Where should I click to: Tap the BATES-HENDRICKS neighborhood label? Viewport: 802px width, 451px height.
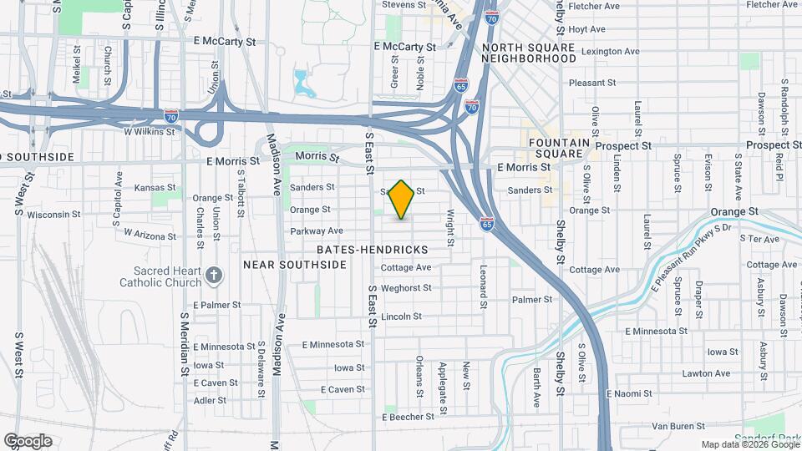373,250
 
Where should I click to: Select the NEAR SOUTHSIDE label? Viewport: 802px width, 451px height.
294,265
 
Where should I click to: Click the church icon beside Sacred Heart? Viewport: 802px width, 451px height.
215,275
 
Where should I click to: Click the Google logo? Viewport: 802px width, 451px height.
28,441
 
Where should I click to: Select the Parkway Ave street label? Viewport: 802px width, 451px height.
317,231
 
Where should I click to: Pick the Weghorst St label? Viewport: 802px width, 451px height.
405,288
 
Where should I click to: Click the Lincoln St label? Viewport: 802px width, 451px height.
401,317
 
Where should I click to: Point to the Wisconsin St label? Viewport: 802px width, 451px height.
53,214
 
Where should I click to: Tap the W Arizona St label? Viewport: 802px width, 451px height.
151,235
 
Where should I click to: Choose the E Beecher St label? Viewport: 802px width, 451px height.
409,416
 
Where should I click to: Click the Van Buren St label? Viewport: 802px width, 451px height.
673,426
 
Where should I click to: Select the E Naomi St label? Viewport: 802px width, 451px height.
628,393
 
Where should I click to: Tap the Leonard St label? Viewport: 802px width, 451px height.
483,286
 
